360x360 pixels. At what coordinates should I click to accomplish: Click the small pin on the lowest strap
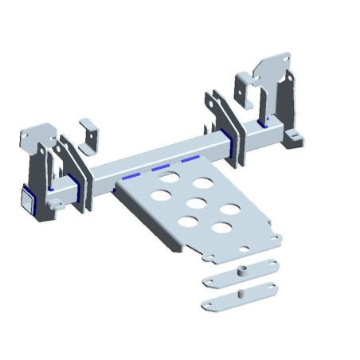(x=239, y=293)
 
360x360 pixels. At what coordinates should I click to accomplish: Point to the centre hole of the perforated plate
(x=194, y=202)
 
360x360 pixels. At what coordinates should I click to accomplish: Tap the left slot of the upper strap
(x=213, y=279)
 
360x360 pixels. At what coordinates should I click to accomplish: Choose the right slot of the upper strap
(x=267, y=265)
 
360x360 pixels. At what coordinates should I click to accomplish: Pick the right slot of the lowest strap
(x=265, y=288)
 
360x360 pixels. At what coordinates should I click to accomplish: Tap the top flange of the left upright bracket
(x=35, y=129)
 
